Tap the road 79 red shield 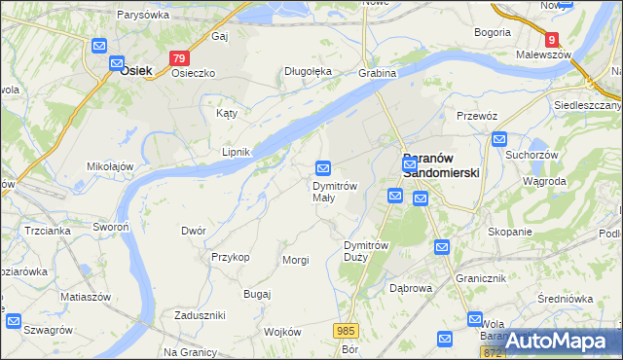pos(178,58)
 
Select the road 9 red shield pos(552,40)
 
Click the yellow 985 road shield pos(347,332)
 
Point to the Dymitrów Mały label pos(335,192)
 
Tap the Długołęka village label pos(308,71)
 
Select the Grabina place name pos(377,73)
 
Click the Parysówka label pos(143,15)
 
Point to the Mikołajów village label pos(110,166)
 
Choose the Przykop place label pos(231,257)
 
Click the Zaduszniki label pos(200,315)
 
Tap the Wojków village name pos(282,332)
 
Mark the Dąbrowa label pos(410,288)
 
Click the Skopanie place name pos(510,232)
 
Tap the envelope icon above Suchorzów pos(499,139)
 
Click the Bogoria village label pos(493,32)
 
